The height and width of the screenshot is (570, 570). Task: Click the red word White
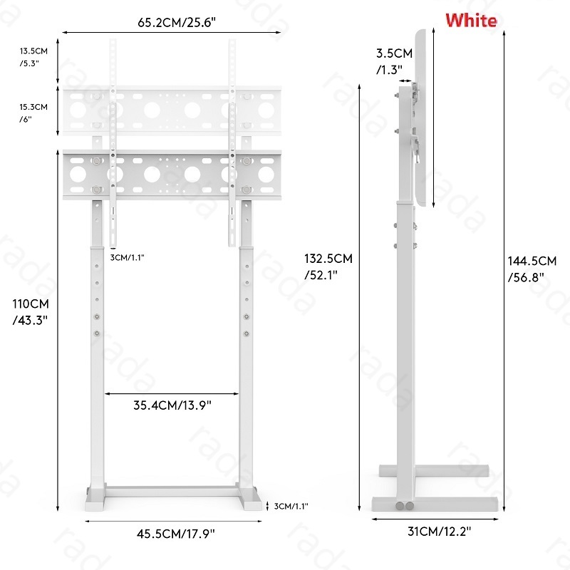click(x=471, y=20)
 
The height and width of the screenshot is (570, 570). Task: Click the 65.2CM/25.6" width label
click(x=177, y=23)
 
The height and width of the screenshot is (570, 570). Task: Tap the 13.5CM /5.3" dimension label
click(x=33, y=57)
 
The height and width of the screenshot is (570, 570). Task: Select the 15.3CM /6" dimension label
click(x=33, y=113)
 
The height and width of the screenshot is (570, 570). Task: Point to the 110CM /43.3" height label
click(x=31, y=312)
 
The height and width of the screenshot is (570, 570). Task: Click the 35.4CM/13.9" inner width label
click(x=172, y=405)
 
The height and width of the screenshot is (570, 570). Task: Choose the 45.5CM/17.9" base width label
click(x=176, y=534)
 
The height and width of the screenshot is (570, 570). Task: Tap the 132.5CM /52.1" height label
click(x=328, y=266)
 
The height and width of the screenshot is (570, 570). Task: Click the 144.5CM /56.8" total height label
click(x=532, y=269)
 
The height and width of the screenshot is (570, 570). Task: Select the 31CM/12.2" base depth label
click(x=439, y=532)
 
